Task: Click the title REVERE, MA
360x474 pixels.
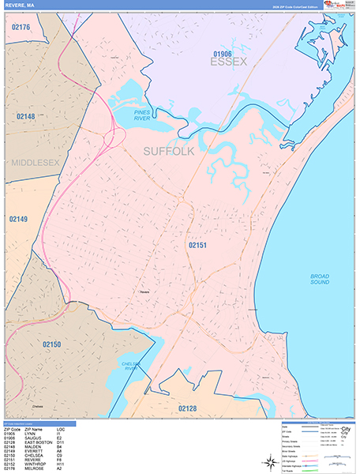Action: click(19, 6)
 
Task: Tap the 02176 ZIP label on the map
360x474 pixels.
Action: click(21, 28)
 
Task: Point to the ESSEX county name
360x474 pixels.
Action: click(229, 62)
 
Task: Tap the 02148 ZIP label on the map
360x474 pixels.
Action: click(25, 117)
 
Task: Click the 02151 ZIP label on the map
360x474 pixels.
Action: click(197, 246)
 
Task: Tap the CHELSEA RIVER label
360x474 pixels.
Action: click(130, 367)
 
